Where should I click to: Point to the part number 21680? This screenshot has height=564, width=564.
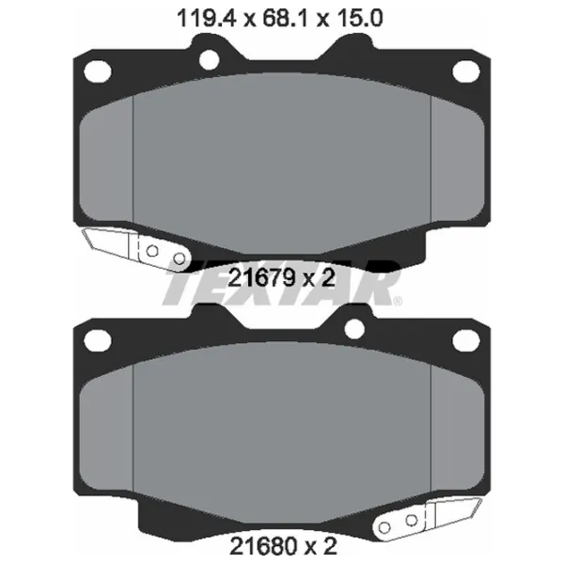pos(258,543)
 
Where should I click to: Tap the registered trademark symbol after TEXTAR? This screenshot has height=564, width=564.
pos(398,302)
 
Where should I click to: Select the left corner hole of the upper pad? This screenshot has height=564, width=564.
pos(94,70)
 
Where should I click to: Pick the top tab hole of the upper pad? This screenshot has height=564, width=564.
pos(209,60)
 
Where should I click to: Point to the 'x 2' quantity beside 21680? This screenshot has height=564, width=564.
pos(317,543)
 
